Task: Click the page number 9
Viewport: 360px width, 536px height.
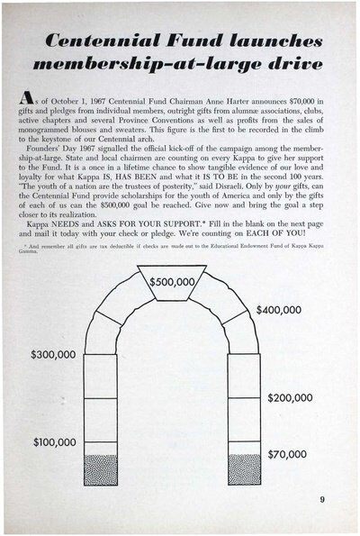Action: pos(321,499)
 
